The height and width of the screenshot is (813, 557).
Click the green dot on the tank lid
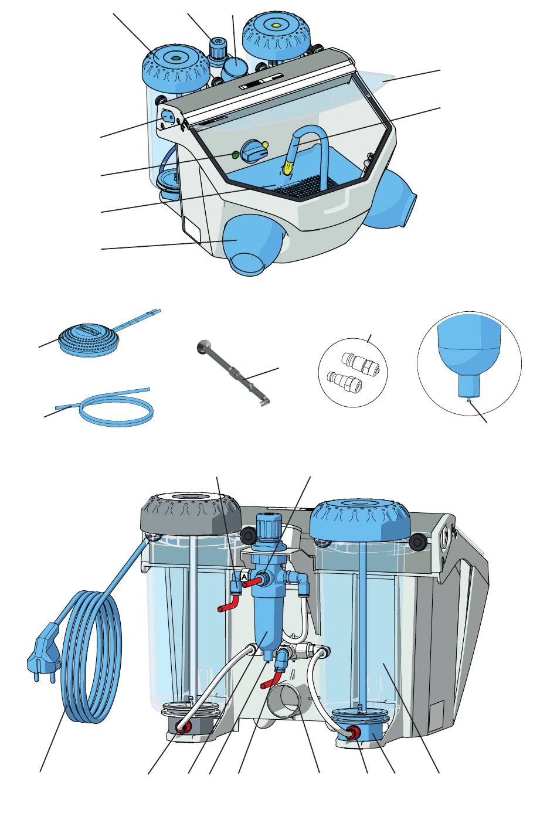coord(176,58)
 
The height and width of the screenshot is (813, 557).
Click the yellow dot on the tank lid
coord(277,25)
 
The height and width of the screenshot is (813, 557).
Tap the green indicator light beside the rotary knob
coord(235,155)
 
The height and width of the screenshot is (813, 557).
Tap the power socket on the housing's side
coord(167,116)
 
